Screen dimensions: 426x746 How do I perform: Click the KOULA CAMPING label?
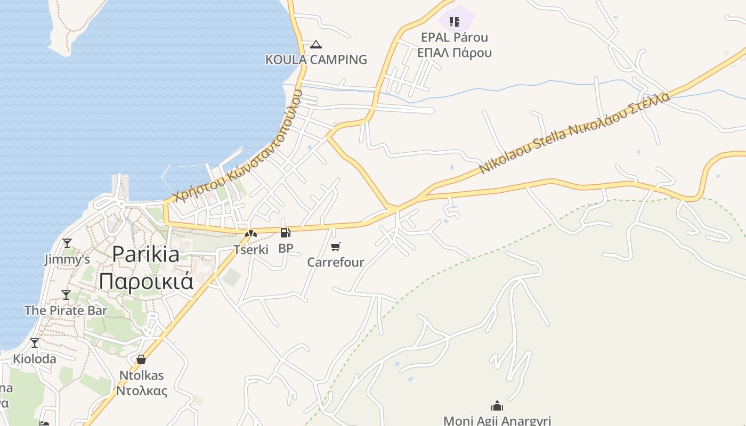316,59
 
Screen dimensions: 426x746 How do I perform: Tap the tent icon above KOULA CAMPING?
316,44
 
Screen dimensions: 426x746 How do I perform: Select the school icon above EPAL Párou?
454,22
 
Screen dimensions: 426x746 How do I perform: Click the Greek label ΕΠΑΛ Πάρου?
454,52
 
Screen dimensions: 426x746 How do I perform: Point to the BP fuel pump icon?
286,233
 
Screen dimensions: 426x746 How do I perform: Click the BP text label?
286,248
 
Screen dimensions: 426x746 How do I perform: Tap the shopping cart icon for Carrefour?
336,247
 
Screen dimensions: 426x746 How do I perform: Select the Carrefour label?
336,262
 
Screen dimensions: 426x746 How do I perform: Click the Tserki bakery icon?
251,233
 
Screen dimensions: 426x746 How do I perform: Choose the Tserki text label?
251,249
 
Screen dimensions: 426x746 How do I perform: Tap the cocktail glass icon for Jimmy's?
67,243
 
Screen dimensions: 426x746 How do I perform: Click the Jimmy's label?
67,259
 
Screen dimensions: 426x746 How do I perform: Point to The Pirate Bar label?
66,310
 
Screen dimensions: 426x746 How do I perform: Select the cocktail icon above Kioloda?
35,343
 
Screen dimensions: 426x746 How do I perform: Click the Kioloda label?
35,358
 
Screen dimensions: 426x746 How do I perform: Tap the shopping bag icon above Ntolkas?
141,359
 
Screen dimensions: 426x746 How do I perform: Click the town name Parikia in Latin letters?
145,254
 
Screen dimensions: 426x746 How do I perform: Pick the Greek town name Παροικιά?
145,281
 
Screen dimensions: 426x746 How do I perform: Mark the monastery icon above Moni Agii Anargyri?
497,406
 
